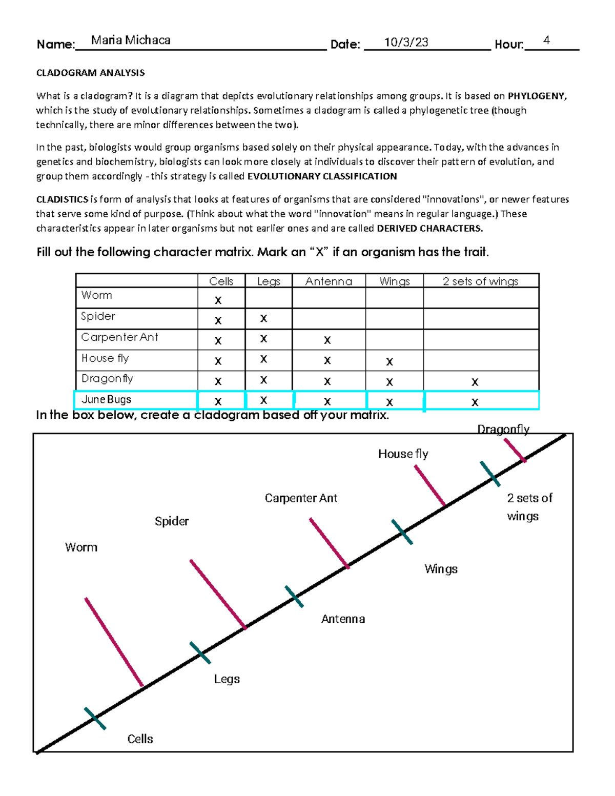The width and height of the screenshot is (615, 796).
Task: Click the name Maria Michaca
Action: pyautogui.click(x=131, y=40)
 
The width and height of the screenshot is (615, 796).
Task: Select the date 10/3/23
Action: pyautogui.click(x=406, y=43)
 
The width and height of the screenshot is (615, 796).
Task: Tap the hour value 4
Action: pyautogui.click(x=547, y=40)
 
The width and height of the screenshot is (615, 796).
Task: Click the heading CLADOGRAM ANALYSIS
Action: pyautogui.click(x=90, y=73)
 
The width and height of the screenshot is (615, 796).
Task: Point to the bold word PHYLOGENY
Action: pyautogui.click(x=537, y=96)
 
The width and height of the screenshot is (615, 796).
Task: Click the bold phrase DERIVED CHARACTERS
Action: pyautogui.click(x=429, y=229)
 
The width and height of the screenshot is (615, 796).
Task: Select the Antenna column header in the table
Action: pyautogui.click(x=329, y=281)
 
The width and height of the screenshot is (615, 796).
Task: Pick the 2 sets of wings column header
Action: pyautogui.click(x=480, y=281)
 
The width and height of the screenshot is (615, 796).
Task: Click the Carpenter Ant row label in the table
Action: pyautogui.click(x=119, y=337)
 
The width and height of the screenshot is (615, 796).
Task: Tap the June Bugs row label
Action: pyautogui.click(x=107, y=399)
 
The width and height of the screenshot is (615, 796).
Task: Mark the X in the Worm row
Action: pyautogui.click(x=218, y=300)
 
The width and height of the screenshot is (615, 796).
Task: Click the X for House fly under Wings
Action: pyautogui.click(x=389, y=361)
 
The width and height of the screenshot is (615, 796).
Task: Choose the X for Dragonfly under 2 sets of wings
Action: pyautogui.click(x=475, y=382)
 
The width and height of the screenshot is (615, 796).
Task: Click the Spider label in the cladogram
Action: pyautogui.click(x=172, y=521)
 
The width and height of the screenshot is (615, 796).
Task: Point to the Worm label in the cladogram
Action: pyautogui.click(x=81, y=547)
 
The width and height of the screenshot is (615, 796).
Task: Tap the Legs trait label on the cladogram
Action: pyautogui.click(x=227, y=679)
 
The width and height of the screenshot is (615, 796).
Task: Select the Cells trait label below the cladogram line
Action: pyautogui.click(x=140, y=739)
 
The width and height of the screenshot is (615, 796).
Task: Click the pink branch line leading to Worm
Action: pyautogui.click(x=114, y=642)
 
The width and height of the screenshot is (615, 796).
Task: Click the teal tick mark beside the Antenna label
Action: pyautogui.click(x=294, y=597)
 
